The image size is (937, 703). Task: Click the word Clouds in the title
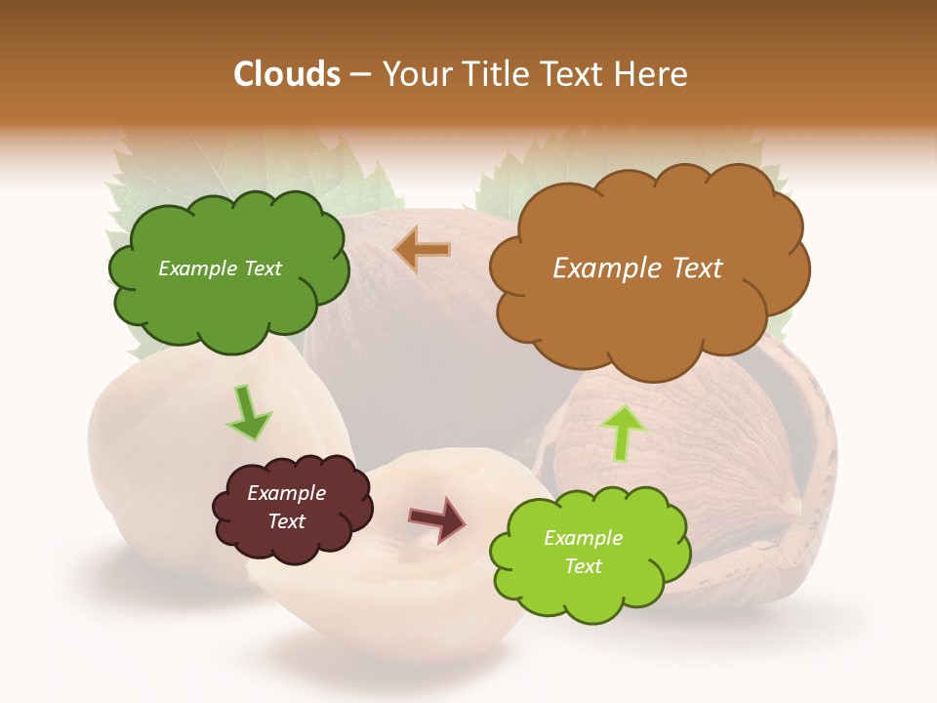point(286,74)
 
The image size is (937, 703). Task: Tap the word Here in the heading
point(651,74)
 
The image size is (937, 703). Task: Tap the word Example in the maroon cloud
point(286,493)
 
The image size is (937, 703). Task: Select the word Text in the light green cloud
point(583,566)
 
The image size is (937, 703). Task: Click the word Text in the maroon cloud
point(286,521)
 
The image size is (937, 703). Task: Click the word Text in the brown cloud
point(696,269)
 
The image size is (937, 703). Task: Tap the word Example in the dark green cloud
point(196,269)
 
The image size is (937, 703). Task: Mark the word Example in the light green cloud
point(583,538)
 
